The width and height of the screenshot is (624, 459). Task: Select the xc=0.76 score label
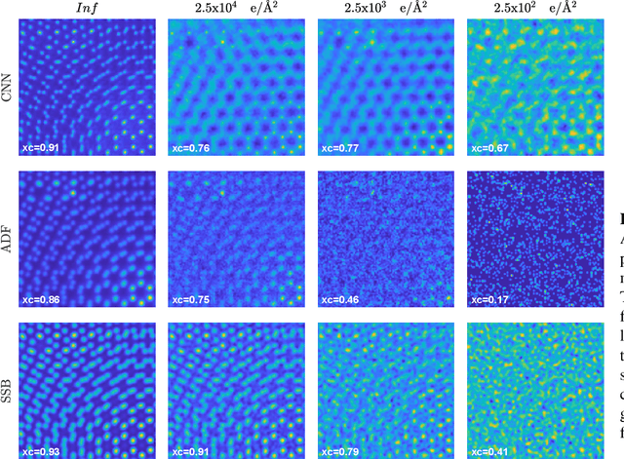coord(192,149)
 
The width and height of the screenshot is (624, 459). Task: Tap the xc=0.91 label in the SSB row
coord(192,451)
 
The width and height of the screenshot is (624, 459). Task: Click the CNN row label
coord(9,89)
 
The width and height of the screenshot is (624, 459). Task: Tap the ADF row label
coord(9,240)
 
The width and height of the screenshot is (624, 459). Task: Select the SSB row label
coord(9,390)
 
